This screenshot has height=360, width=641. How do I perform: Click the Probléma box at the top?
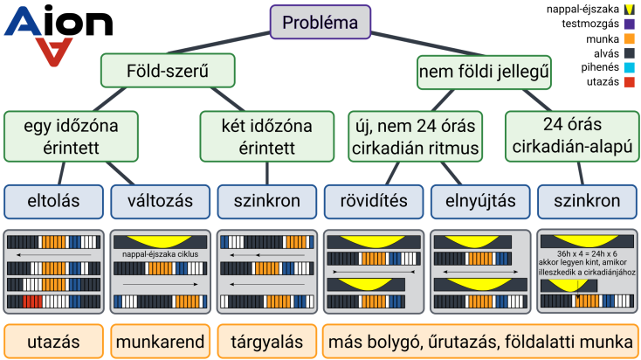(x=320, y=22)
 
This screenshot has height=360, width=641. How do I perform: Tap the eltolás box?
(x=53, y=201)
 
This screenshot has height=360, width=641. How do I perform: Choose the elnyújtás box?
(x=479, y=201)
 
